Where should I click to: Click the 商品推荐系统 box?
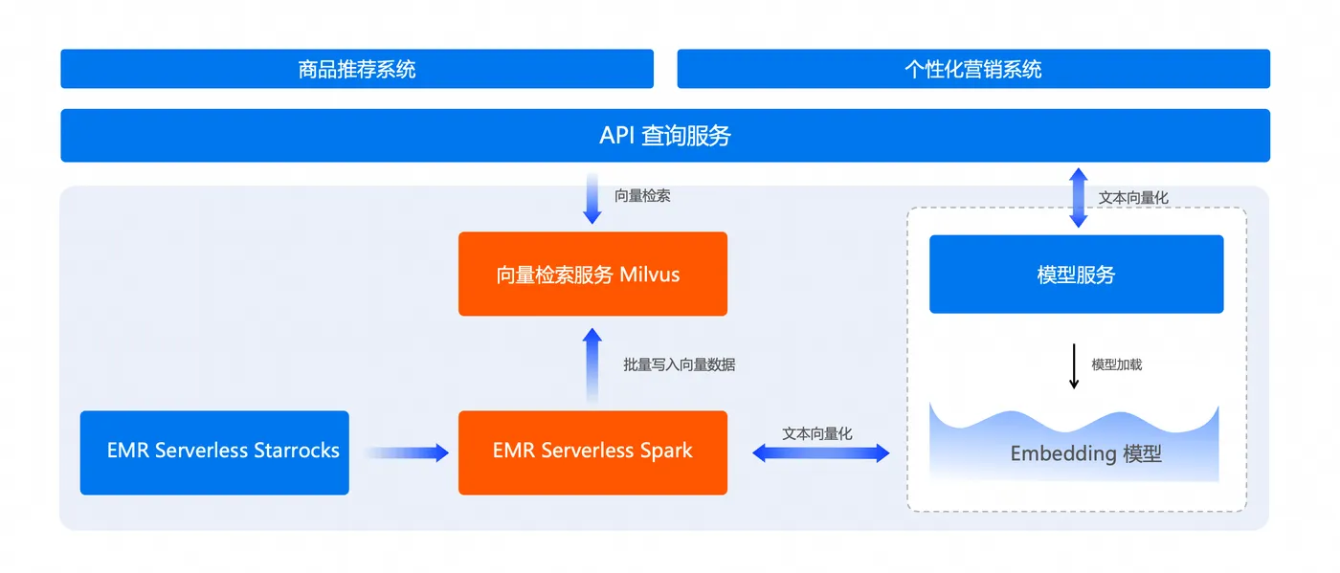click(356, 69)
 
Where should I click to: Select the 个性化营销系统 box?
click(972, 69)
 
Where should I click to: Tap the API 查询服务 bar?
click(664, 135)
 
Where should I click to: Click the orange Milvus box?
click(592, 274)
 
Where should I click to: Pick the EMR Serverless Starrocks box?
click(214, 452)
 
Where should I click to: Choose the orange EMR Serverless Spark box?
click(592, 452)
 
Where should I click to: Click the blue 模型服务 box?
click(1076, 275)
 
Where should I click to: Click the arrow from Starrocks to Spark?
click(406, 452)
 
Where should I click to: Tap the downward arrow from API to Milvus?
click(592, 199)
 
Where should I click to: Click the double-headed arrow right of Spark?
click(820, 453)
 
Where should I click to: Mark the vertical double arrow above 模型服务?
click(1078, 198)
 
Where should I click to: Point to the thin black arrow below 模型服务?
click(1074, 365)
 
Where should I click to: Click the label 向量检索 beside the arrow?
click(641, 195)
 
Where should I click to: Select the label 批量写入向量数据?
click(679, 364)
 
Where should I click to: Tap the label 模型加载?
click(1116, 364)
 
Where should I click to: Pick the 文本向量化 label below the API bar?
click(1133, 198)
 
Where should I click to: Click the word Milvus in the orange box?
click(649, 275)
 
